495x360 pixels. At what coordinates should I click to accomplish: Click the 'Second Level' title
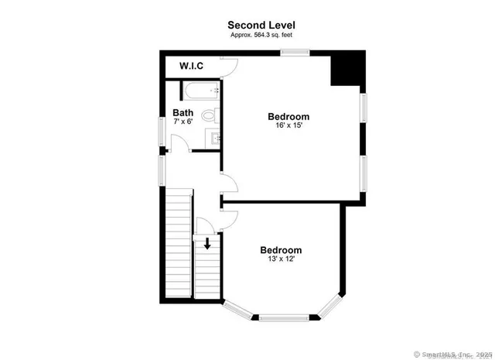pos(261,25)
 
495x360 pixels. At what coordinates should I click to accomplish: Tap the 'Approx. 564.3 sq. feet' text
pos(261,36)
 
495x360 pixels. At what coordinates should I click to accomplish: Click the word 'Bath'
pos(183,113)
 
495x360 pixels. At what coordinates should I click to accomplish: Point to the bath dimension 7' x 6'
pos(183,122)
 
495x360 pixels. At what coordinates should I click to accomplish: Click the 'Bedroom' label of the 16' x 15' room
pos(288,116)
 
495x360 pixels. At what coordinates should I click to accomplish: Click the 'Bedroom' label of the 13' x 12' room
pos(280,250)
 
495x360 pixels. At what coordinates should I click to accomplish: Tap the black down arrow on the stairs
pos(207,244)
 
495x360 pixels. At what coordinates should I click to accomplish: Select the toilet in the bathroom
pos(209,117)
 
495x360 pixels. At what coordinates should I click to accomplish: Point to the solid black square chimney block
pos(347,69)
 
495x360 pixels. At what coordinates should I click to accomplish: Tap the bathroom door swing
pos(178,143)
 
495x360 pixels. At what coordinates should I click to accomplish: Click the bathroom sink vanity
pos(214,138)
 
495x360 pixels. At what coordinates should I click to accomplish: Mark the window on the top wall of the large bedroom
pos(295,53)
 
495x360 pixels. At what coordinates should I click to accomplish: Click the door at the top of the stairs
pos(205,227)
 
